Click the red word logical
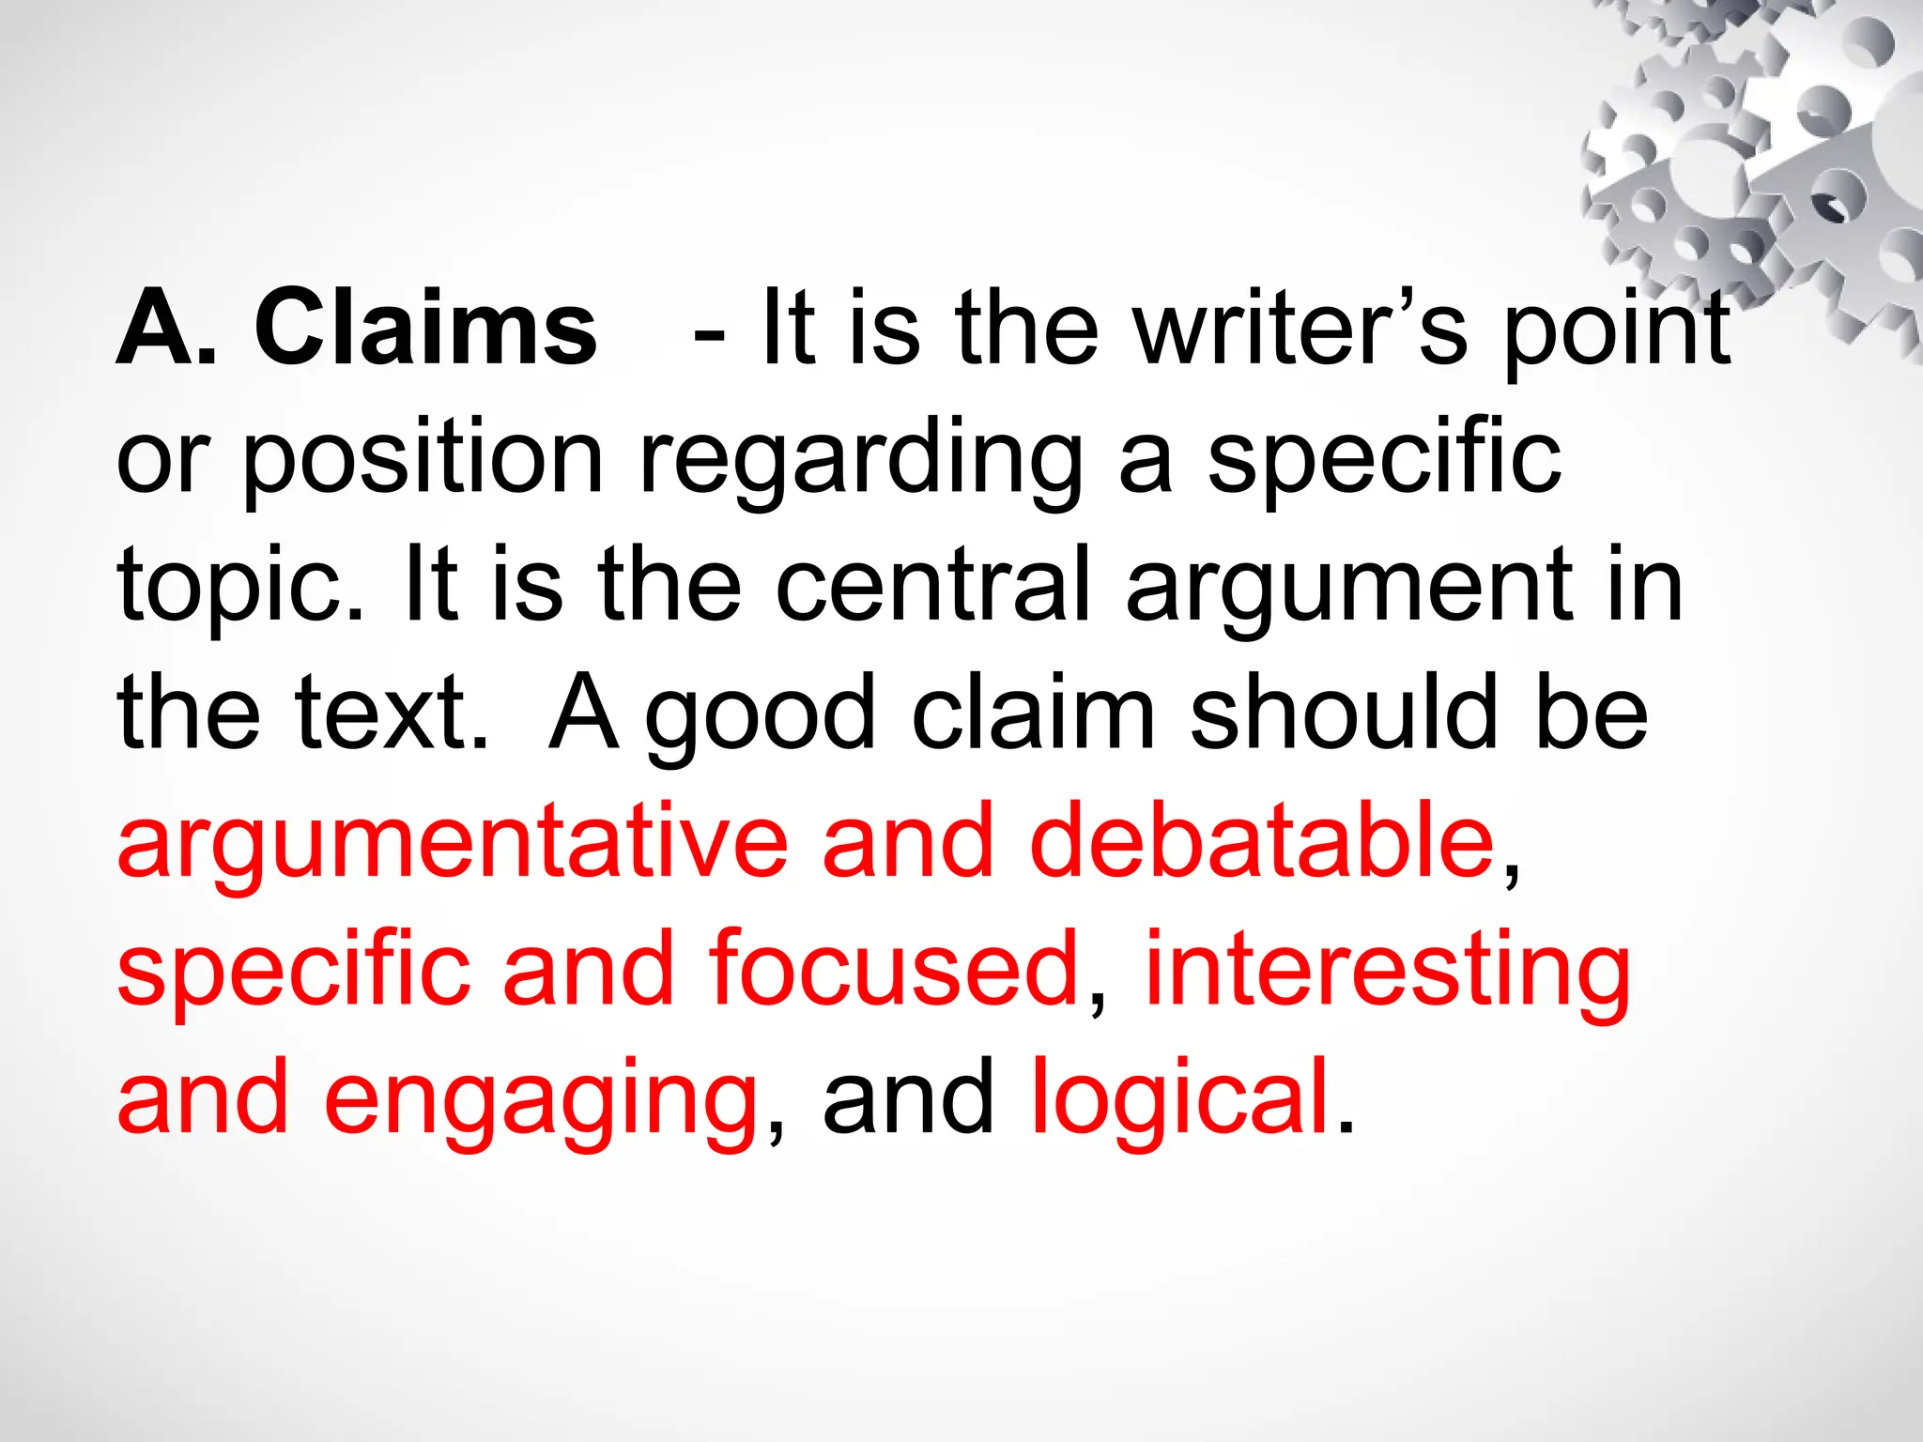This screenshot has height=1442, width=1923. tap(1179, 1098)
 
